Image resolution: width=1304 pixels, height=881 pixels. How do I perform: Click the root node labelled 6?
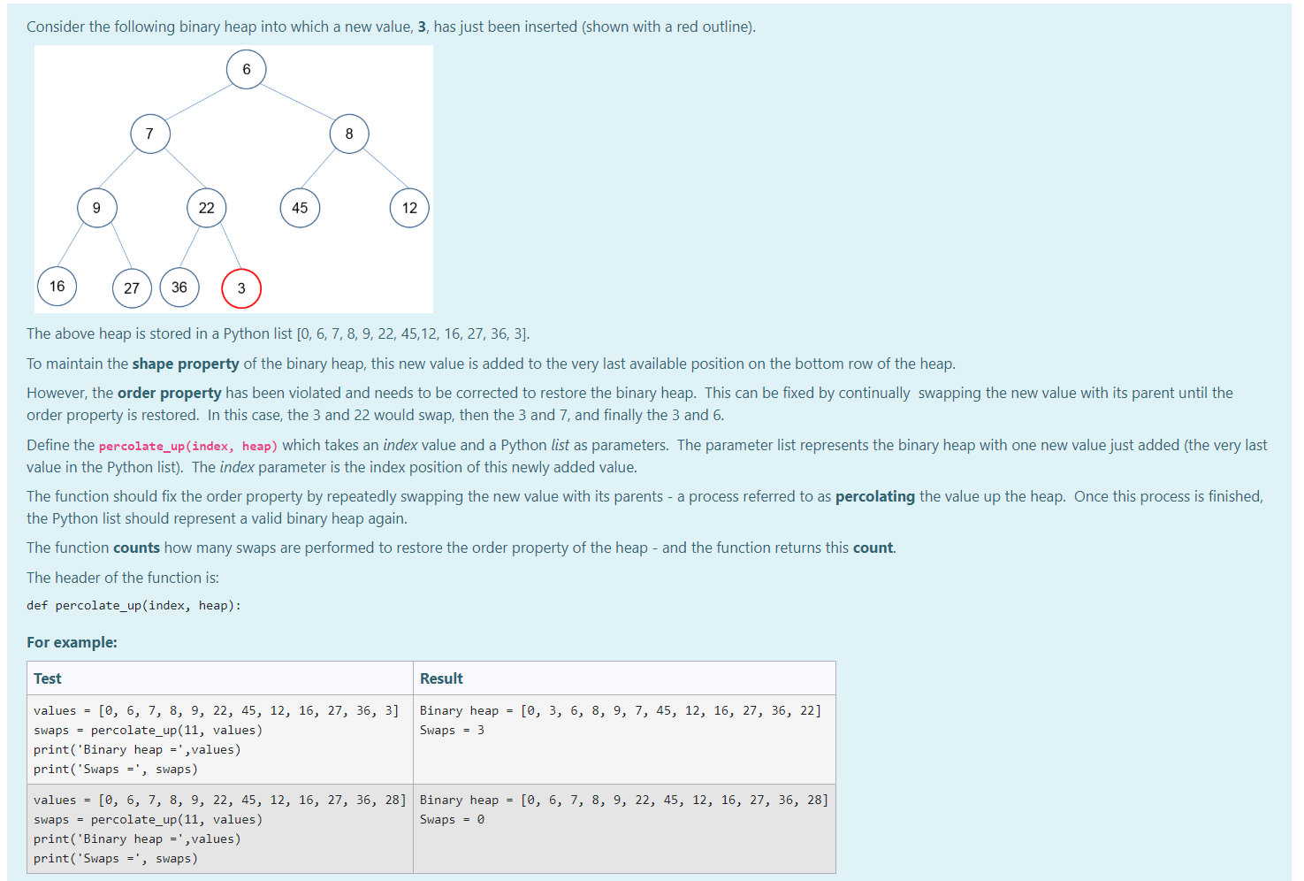point(247,69)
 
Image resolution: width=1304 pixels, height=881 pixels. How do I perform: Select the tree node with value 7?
point(150,134)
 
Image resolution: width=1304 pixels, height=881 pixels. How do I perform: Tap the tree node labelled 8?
point(349,134)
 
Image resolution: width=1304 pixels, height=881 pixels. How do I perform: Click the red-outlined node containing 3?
point(241,288)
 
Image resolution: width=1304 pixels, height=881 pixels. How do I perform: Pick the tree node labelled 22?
point(207,208)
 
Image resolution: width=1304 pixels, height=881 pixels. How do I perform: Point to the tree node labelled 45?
point(301,208)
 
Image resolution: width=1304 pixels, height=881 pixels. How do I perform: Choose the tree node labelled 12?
point(409,208)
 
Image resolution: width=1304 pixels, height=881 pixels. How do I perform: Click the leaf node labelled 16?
point(57,287)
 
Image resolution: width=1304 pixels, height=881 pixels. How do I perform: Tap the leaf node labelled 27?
point(132,288)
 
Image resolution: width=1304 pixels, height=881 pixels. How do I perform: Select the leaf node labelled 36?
point(179,287)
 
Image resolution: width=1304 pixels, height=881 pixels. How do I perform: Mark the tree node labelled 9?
point(97,208)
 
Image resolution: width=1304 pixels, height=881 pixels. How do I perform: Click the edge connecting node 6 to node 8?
point(298,101)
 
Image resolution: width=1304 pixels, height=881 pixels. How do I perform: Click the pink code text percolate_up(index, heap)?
point(188,446)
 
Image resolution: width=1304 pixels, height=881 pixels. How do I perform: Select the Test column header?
point(48,678)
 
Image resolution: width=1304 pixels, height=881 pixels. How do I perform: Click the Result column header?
point(441,678)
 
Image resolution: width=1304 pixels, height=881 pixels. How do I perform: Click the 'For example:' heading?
point(72,642)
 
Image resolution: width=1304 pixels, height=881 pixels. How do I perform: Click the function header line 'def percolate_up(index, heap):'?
point(133,605)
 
